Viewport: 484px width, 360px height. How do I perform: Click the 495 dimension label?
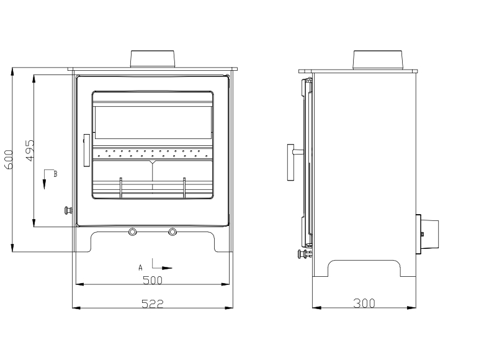[29, 151]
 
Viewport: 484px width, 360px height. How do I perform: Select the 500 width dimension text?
[152, 280]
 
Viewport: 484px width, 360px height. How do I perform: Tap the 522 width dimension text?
[152, 304]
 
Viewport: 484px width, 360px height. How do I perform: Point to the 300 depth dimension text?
[364, 304]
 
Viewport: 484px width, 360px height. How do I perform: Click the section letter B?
[55, 174]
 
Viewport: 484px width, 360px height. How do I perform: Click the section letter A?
[141, 267]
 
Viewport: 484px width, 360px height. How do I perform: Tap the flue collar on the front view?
[153, 58]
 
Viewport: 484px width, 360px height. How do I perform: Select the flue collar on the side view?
[379, 60]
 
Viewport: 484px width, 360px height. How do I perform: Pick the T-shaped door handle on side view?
[292, 163]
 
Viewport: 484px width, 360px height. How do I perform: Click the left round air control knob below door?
[133, 232]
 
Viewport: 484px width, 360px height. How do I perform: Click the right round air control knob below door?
[172, 232]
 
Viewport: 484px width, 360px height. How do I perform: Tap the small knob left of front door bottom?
[68, 210]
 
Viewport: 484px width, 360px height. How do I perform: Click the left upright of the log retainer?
[121, 187]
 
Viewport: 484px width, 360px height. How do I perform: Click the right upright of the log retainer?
[184, 187]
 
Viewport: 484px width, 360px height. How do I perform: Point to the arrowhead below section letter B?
[45, 185]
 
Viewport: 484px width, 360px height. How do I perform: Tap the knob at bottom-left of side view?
[303, 253]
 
